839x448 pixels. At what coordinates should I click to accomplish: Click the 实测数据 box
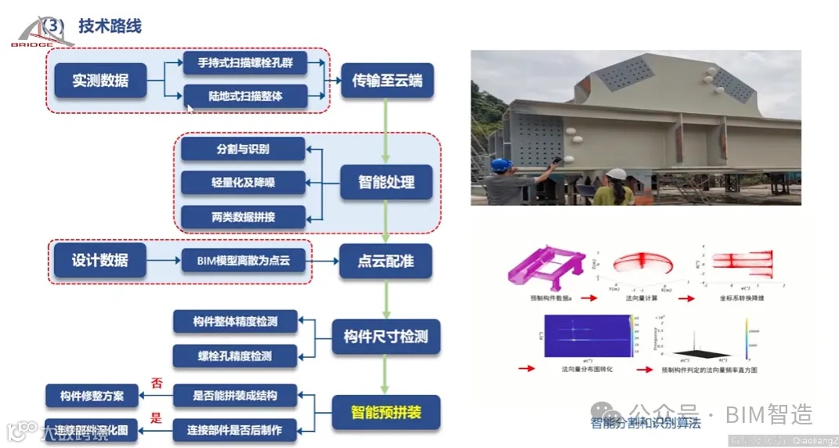click(100, 80)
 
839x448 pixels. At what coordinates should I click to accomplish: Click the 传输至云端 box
click(386, 80)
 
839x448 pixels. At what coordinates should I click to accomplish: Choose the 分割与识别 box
click(242, 149)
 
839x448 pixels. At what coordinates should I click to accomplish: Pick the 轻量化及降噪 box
click(242, 182)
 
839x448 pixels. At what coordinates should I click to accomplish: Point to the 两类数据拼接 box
click(242, 217)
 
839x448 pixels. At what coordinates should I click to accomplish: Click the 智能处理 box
click(386, 182)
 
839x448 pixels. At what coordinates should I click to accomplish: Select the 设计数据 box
click(100, 260)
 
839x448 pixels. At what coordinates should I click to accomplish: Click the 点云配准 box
click(386, 260)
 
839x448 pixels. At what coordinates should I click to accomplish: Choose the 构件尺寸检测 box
click(386, 337)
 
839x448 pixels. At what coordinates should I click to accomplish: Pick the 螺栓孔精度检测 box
click(235, 356)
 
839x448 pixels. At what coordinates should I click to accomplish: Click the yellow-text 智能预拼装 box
click(386, 411)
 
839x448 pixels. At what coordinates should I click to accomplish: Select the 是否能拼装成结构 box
click(235, 396)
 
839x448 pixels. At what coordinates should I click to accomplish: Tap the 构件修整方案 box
click(92, 396)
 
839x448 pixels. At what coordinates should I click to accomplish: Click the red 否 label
click(155, 384)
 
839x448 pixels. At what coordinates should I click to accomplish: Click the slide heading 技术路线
click(110, 26)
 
